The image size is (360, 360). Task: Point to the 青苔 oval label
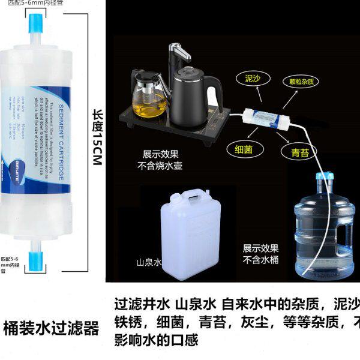point(300,153)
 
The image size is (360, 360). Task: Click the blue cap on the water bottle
point(325,178)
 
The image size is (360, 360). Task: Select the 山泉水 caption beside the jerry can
point(149,263)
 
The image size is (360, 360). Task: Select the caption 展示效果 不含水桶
point(261,254)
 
